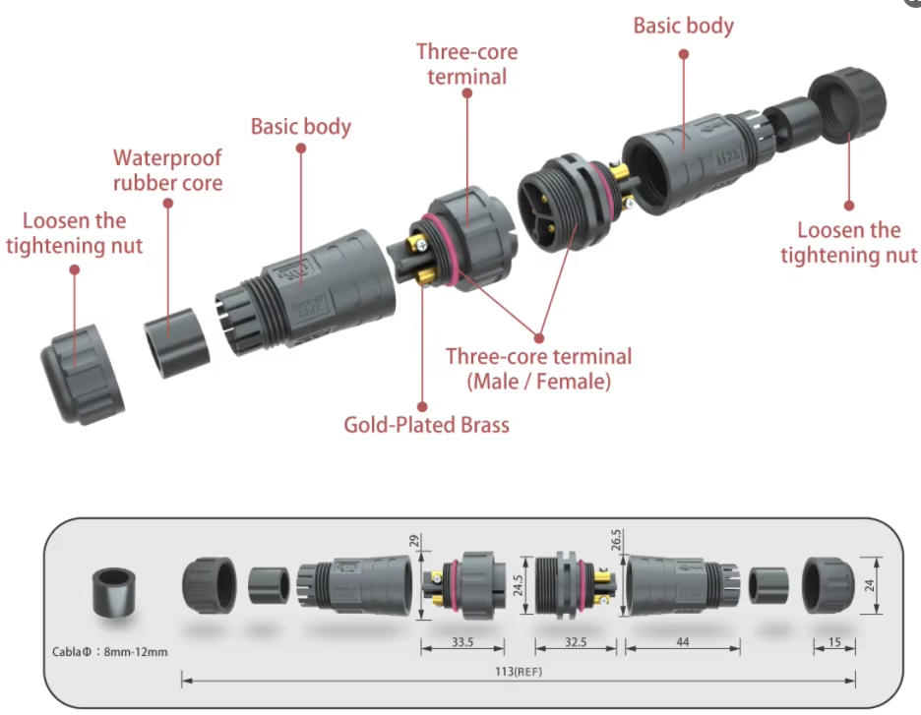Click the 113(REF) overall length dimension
pyautogui.click(x=518, y=672)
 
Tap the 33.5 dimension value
pyautogui.click(x=461, y=642)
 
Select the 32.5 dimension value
pyautogui.click(x=577, y=642)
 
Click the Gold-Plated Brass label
pyautogui.click(x=426, y=425)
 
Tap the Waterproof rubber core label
pyautogui.click(x=167, y=170)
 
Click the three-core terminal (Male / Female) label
pyautogui.click(x=538, y=368)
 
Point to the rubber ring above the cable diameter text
pyautogui.click(x=111, y=592)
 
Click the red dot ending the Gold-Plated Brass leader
pyautogui.click(x=422, y=404)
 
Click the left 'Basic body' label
pyautogui.click(x=300, y=126)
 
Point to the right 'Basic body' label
pyautogui.click(x=683, y=26)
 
